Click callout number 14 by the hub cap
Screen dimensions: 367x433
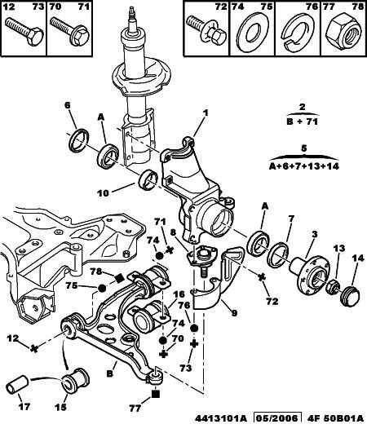pos(358,258)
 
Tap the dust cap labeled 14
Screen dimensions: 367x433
pos(349,297)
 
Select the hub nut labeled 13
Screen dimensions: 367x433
pos(332,288)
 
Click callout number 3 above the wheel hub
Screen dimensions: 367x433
pos(314,234)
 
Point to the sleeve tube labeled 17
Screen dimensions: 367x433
pos(17,384)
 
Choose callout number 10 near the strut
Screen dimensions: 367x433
pos(103,193)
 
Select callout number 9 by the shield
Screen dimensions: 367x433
pos(234,313)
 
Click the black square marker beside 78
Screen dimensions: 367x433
pos(119,278)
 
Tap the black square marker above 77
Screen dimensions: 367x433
pos(156,394)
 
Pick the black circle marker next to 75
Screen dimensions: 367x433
pos(102,289)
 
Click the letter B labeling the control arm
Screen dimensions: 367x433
pos(109,373)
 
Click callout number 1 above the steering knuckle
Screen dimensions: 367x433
pos(206,113)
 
